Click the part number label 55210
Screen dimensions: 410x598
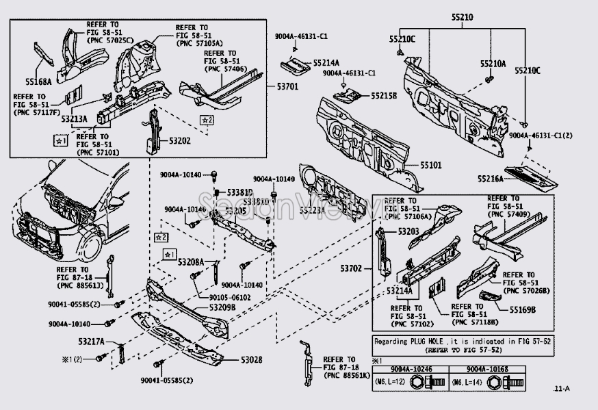coord(461,16)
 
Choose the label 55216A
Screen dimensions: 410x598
coord(491,179)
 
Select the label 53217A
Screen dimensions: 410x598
coord(91,341)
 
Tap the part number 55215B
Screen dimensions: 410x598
coord(384,96)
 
